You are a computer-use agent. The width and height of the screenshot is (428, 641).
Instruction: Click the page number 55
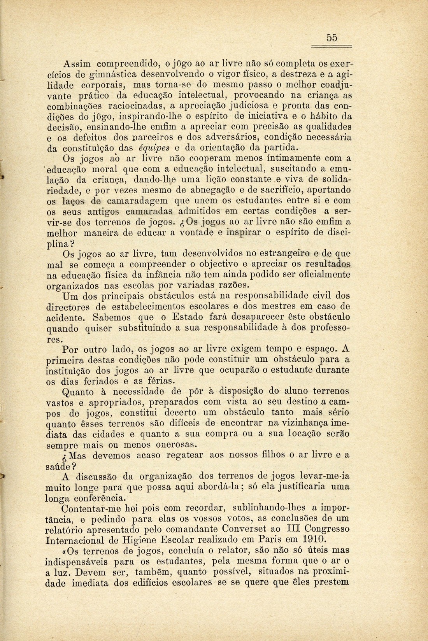(x=332, y=38)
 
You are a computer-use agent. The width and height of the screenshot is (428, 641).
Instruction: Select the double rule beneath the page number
(x=332, y=46)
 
